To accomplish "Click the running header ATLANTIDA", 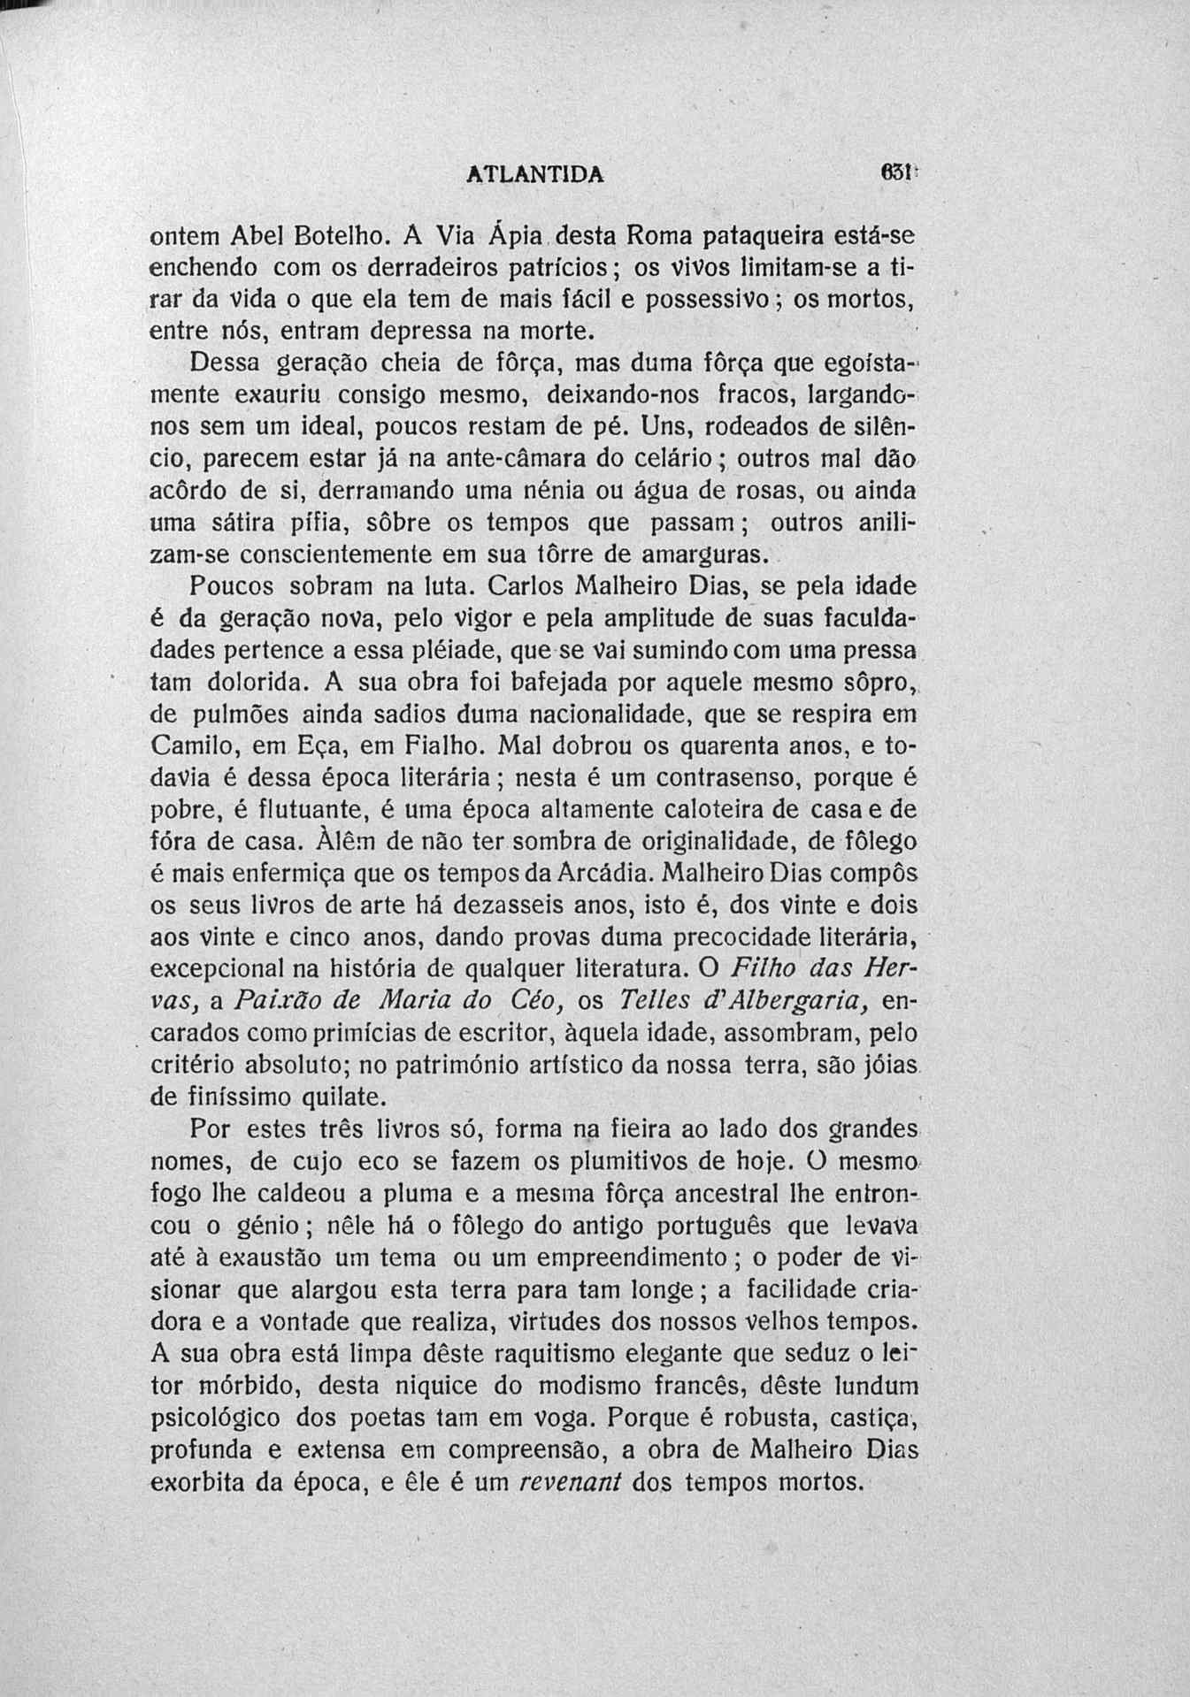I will pyautogui.click(x=534, y=174).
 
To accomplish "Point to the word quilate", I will pyautogui.click(x=332, y=1098).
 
